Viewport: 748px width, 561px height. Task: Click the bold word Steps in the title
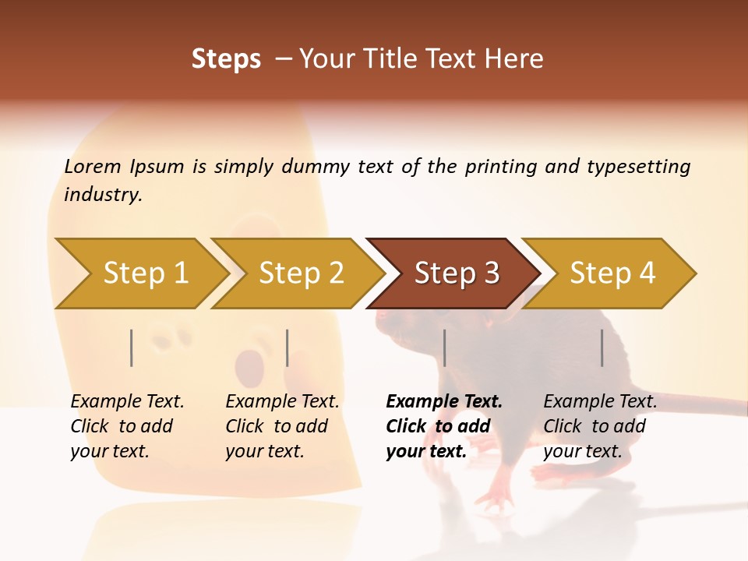point(226,59)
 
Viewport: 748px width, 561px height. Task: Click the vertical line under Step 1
point(132,348)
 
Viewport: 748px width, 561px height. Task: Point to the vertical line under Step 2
point(288,348)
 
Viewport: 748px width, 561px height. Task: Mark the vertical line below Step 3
point(444,348)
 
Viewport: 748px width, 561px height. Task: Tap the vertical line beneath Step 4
point(602,348)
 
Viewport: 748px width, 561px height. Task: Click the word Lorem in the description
point(93,167)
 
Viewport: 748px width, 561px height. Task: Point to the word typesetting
point(638,167)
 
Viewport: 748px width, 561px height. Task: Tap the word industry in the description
point(103,195)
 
